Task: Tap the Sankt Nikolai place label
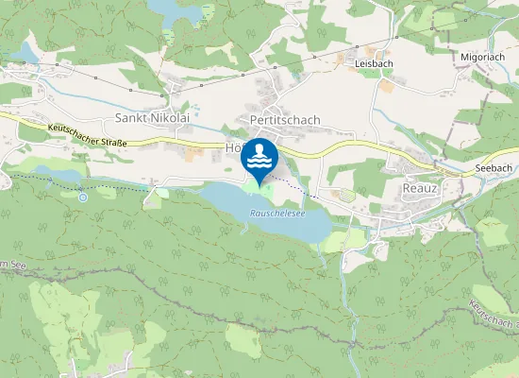tap(152, 119)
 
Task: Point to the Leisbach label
tap(374, 63)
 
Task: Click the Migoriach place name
tap(484, 57)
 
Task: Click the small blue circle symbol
tap(83, 198)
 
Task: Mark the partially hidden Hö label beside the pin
tap(234, 148)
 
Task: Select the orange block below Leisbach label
tap(387, 86)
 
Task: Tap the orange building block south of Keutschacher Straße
tap(193, 151)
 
